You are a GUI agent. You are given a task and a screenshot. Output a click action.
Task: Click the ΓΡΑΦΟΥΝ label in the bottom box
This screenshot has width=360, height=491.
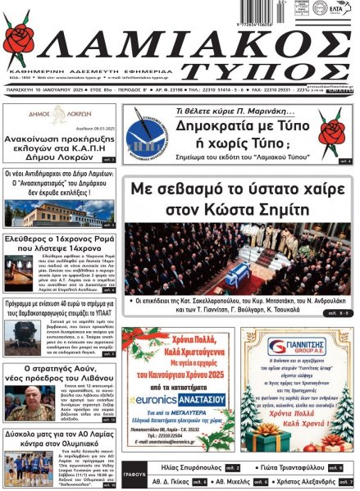pos(134,474)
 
